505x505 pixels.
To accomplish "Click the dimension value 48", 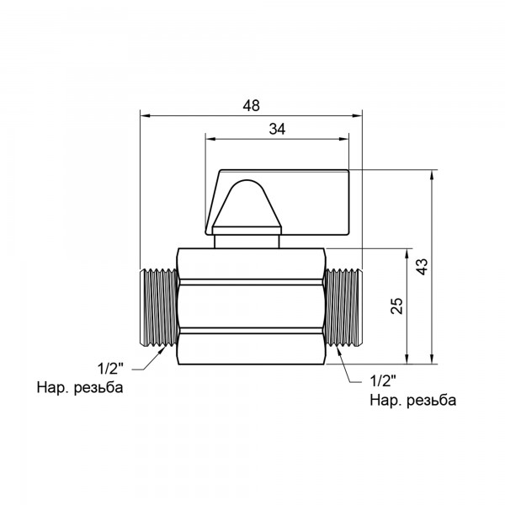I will point(251,105).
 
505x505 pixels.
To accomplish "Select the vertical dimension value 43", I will point(422,267).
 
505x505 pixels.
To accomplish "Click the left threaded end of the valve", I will point(157,306).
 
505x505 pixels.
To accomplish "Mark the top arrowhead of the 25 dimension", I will point(409,252).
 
